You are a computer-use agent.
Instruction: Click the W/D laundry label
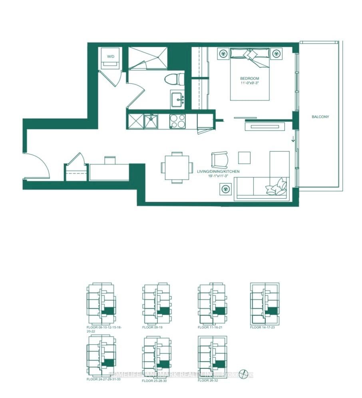click(x=111, y=57)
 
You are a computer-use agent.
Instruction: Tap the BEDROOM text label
click(x=250, y=78)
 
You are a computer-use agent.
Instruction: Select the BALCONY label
click(x=320, y=117)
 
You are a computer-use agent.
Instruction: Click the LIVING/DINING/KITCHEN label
click(x=218, y=171)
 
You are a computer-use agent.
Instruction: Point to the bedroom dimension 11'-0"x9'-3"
click(x=250, y=83)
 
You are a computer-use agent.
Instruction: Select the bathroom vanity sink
click(x=177, y=99)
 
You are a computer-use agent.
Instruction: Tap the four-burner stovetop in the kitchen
click(x=177, y=121)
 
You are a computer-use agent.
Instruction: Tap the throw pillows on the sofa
click(x=277, y=187)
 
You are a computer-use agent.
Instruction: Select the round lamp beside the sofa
click(x=225, y=188)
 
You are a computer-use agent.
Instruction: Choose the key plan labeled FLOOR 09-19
click(x=157, y=303)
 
